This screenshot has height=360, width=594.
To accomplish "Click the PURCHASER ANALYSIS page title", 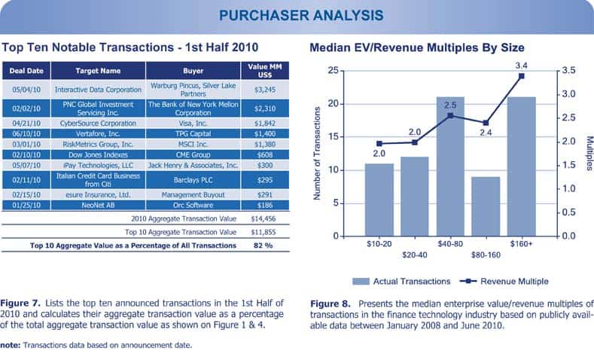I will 296,14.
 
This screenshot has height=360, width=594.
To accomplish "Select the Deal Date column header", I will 26,72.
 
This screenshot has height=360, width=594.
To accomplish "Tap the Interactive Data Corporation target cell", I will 99,88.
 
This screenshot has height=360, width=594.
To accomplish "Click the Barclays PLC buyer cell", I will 193,180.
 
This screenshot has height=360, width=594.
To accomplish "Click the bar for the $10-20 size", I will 379,200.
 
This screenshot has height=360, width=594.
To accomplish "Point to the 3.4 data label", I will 521,66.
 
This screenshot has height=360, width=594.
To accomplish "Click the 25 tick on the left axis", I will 331,71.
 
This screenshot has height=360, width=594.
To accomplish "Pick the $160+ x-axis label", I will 521,244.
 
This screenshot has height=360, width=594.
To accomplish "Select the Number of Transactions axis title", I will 316,153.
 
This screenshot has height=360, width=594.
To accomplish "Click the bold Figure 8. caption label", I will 331,304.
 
